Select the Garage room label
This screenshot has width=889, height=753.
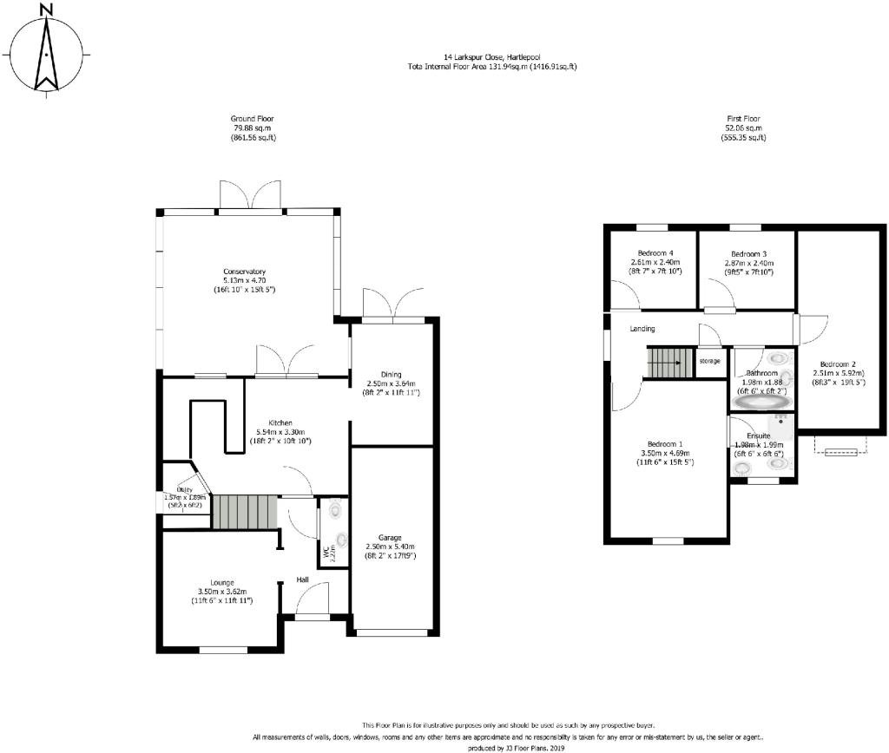point(390,536)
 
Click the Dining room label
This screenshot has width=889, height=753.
point(392,374)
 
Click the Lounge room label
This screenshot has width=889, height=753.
point(221,582)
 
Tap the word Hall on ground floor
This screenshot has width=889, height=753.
point(303,579)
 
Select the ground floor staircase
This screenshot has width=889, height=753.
point(244,511)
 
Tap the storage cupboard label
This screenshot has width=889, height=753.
point(709,360)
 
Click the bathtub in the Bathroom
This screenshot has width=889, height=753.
point(761,403)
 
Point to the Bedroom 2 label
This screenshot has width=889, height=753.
point(833,363)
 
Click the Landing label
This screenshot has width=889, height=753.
point(642,329)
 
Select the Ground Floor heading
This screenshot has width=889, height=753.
point(253,119)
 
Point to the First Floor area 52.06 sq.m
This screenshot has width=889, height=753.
point(748,128)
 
